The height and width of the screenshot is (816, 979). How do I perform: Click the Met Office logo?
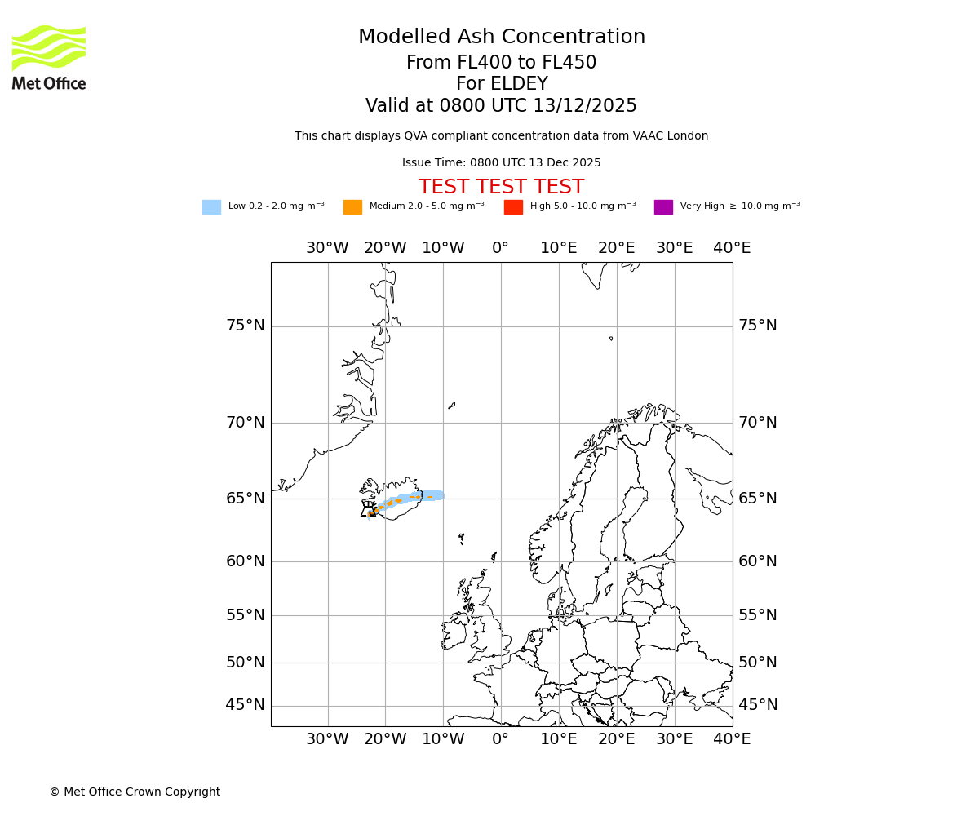[x=49, y=57]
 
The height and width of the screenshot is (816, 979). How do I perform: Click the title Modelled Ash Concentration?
[x=502, y=38]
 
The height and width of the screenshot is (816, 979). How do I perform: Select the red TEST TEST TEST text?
[x=501, y=188]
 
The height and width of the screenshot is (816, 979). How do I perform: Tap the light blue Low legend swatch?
[x=211, y=207]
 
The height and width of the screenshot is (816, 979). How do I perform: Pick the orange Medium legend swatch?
[x=352, y=207]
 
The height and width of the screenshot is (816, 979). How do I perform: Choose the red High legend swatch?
[x=513, y=207]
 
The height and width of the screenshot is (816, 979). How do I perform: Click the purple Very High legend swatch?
[x=663, y=207]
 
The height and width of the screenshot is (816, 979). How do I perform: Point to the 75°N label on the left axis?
[x=245, y=326]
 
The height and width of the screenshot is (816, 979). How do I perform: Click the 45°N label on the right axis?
[x=757, y=705]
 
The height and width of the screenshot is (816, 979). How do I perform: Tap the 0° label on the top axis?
[x=501, y=248]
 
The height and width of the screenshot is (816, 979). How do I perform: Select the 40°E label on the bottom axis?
[x=732, y=739]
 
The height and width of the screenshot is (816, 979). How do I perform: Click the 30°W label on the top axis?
[x=327, y=248]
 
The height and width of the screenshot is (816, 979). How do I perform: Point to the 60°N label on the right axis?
[x=757, y=561]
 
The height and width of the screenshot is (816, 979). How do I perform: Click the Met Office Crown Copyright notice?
[x=135, y=792]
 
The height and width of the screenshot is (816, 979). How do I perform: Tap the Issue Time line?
[x=501, y=163]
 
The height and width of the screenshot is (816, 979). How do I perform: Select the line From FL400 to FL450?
[x=501, y=63]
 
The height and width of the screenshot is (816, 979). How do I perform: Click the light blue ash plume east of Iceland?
[x=432, y=495]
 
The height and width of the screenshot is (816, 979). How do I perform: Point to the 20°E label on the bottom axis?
[x=616, y=739]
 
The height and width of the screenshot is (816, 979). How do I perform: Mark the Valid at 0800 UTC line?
[x=501, y=106]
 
